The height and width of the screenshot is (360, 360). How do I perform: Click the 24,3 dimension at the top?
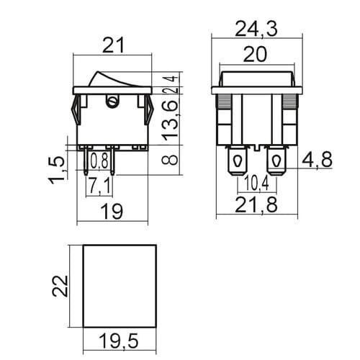[x=256, y=30]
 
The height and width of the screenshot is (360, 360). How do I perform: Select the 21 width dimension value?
[x=113, y=45]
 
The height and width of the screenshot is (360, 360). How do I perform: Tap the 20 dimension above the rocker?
[x=255, y=55]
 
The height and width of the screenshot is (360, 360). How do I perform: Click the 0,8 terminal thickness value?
[x=99, y=161]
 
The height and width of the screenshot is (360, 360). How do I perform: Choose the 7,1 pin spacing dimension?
[x=99, y=185]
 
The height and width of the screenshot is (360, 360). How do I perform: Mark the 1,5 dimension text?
[x=57, y=170]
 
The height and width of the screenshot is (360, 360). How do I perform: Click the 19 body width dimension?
[x=112, y=211]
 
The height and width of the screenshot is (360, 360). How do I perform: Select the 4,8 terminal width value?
[x=317, y=160]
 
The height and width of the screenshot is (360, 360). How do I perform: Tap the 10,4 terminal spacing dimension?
[x=256, y=184]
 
